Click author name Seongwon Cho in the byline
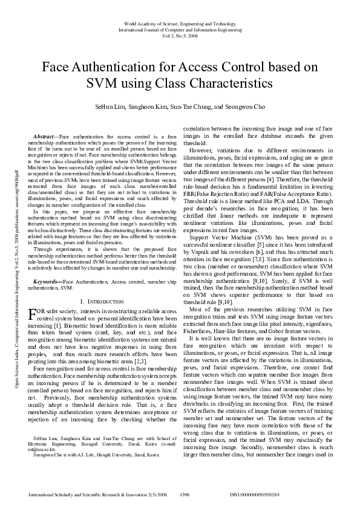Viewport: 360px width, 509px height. pyautogui.click(x=246, y=106)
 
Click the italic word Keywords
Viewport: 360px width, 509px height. pyautogui.click(x=46, y=282)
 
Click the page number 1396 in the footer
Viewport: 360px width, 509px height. pyautogui.click(x=185, y=494)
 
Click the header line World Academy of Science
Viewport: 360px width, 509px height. pyautogui.click(x=180, y=23)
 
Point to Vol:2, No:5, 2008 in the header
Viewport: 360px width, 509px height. pyautogui.click(x=180, y=35)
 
